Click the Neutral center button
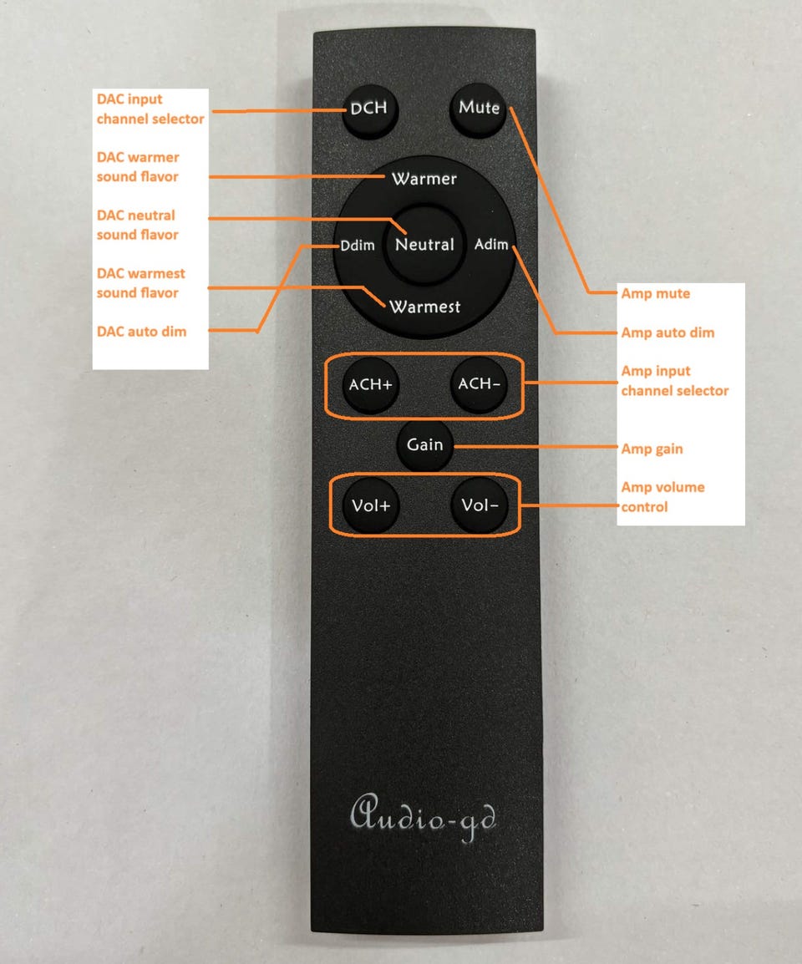click(x=424, y=245)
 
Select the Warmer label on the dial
click(x=424, y=179)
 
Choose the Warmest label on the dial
click(x=424, y=307)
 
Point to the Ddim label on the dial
click(x=358, y=246)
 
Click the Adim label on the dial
click(x=491, y=244)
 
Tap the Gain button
click(x=425, y=444)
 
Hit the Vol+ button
click(x=371, y=506)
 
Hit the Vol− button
click(x=480, y=505)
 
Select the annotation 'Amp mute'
click(x=656, y=293)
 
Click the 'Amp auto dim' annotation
click(x=668, y=332)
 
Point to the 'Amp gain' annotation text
click(x=652, y=449)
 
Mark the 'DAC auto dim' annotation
click(x=141, y=332)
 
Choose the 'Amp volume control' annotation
click(x=663, y=497)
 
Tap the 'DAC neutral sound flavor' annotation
click(x=137, y=225)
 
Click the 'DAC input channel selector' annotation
click(x=150, y=109)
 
